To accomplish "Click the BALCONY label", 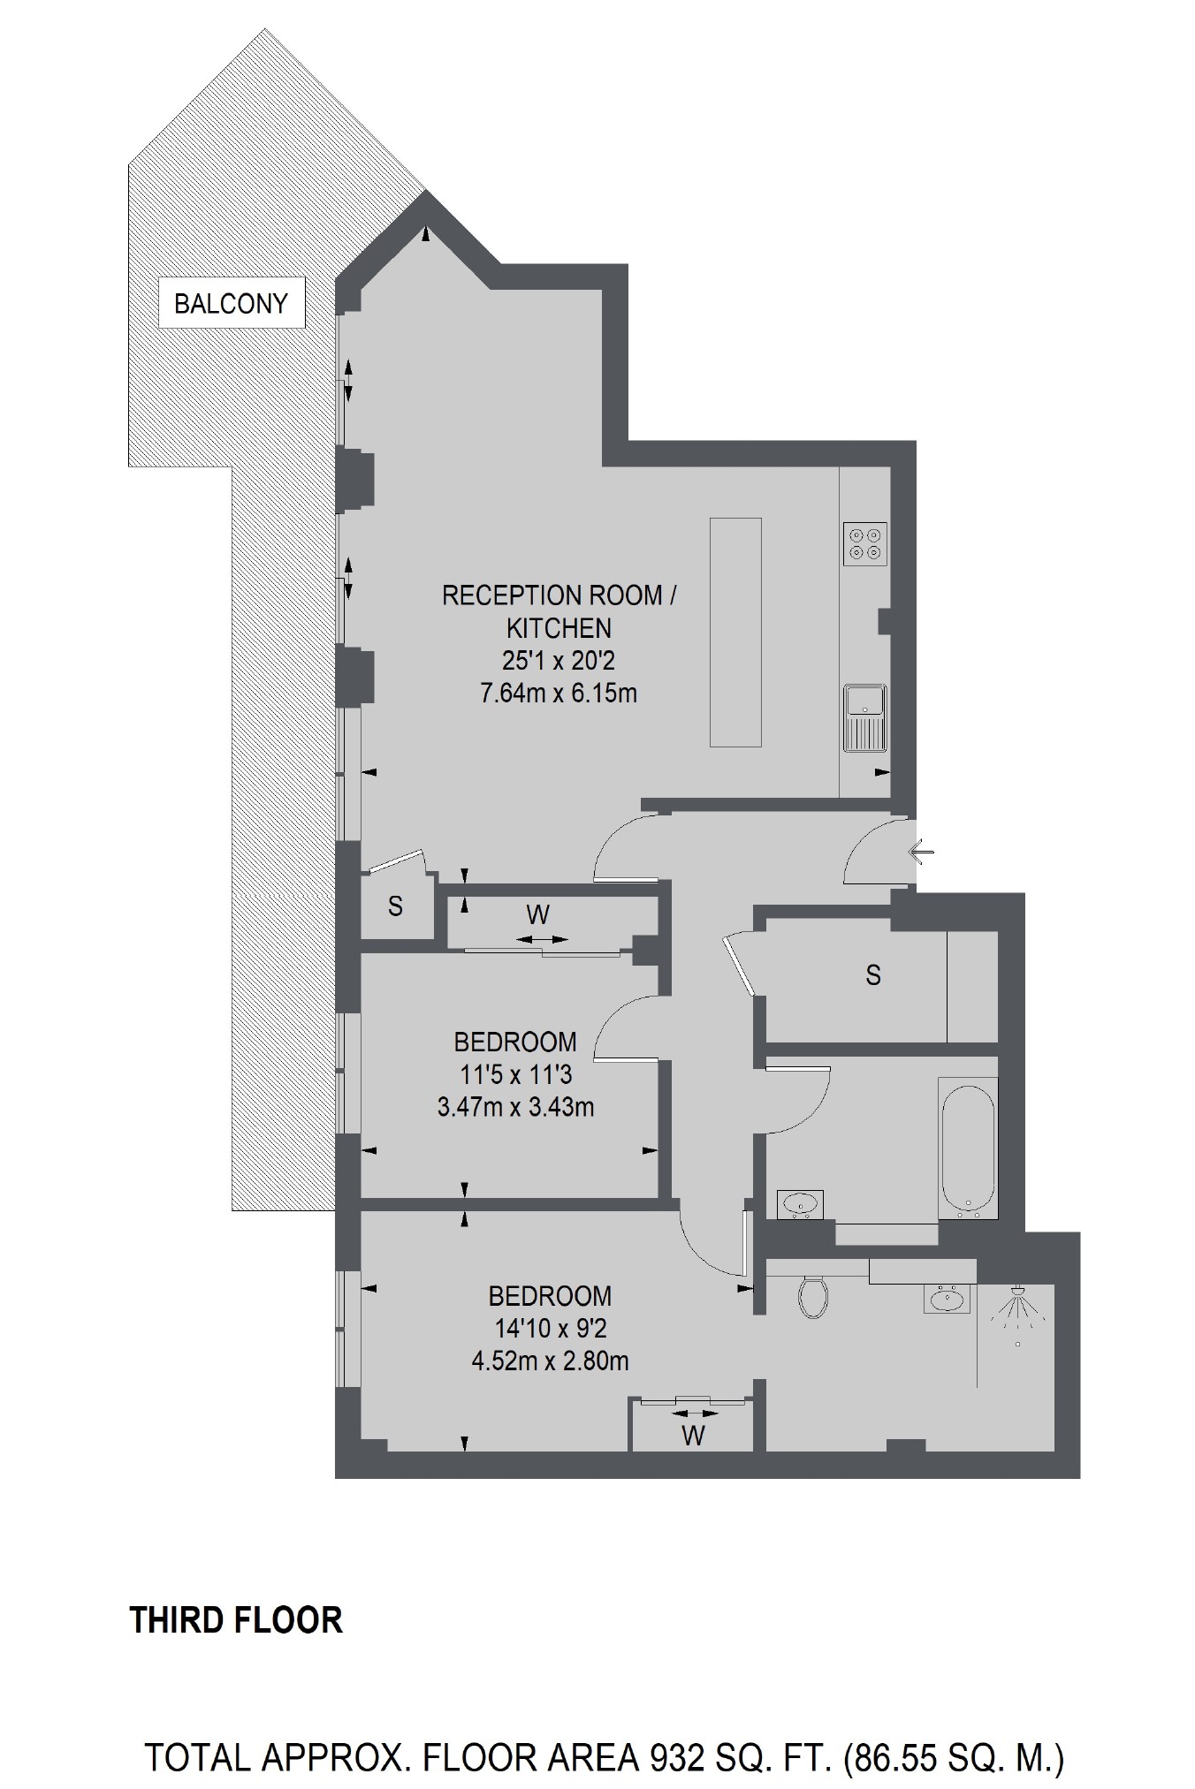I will pyautogui.click(x=231, y=303).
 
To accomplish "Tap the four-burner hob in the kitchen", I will pyautogui.click(x=865, y=543).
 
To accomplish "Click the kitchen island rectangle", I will pyautogui.click(x=735, y=633).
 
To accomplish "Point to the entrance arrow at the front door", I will pyautogui.click(x=921, y=853).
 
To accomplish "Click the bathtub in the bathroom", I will pyautogui.click(x=968, y=1146).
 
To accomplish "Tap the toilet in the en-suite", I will pyautogui.click(x=812, y=1296).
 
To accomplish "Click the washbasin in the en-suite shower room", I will pyautogui.click(x=948, y=1299).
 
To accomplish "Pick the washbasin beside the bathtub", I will pyautogui.click(x=801, y=1203).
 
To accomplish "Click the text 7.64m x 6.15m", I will pyautogui.click(x=558, y=694).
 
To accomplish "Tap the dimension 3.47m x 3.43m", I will pyautogui.click(x=515, y=1106).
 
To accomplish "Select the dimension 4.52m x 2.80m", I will pyautogui.click(x=550, y=1361).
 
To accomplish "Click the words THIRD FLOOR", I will pyautogui.click(x=236, y=1620).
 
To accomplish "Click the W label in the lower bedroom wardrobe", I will pyautogui.click(x=693, y=1436).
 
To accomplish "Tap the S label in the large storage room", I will pyautogui.click(x=873, y=975).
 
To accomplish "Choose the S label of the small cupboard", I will pyautogui.click(x=395, y=906).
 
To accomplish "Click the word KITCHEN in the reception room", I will pyautogui.click(x=559, y=628).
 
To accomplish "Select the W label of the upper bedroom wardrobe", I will pyautogui.click(x=537, y=914).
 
